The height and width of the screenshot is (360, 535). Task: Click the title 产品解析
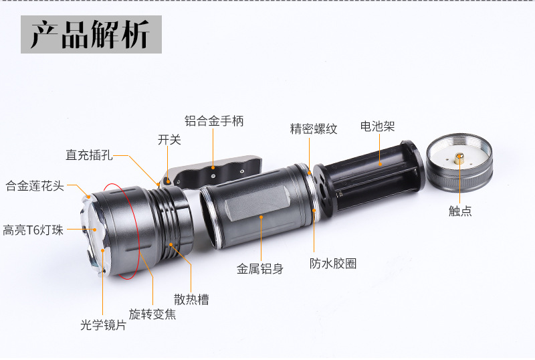coord(91,34)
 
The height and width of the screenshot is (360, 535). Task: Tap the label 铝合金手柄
coord(214,121)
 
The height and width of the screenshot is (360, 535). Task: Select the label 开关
coord(169,140)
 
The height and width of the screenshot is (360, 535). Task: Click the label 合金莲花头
coord(35,185)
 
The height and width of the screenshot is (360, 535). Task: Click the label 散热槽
coord(191,299)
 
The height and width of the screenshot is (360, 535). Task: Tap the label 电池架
coord(377,126)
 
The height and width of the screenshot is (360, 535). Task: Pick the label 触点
coord(459,211)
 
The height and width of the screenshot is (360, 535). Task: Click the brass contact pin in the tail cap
coord(459,159)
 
